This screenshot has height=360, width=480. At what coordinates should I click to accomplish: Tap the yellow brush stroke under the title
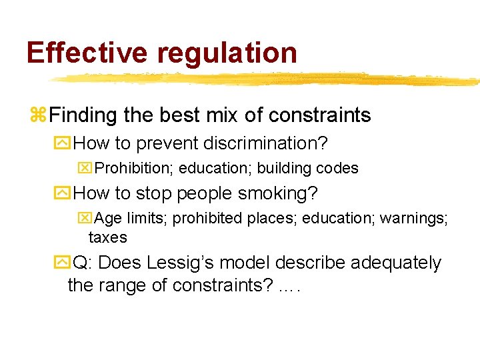click(267, 79)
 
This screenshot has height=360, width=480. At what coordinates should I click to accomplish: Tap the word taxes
click(107, 237)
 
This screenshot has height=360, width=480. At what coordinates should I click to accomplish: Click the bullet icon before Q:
click(64, 263)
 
